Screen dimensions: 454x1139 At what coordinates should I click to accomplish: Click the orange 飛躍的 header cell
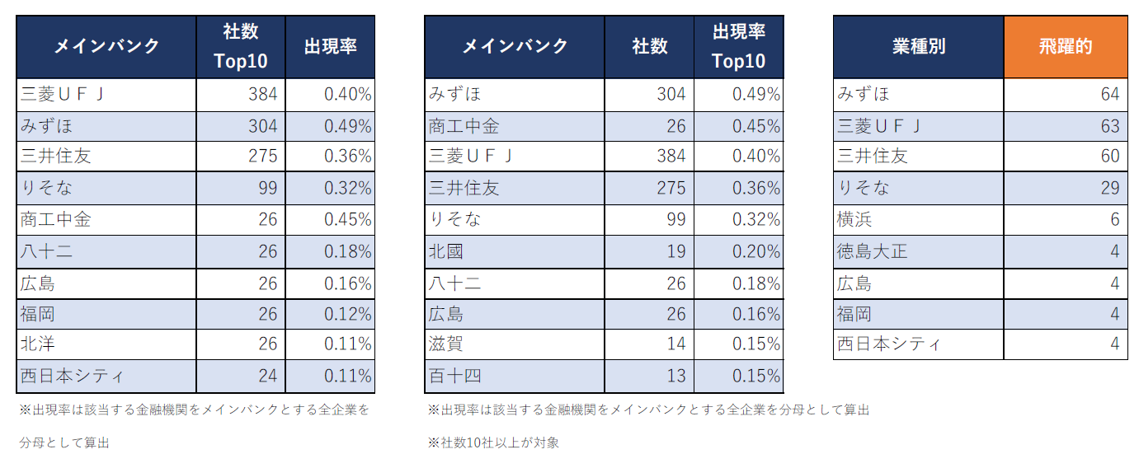[1065, 47]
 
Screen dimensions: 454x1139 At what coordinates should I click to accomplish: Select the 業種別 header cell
[918, 47]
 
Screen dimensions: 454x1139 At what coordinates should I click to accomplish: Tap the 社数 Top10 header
[241, 47]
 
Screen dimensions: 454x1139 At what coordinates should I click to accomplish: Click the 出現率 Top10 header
[738, 47]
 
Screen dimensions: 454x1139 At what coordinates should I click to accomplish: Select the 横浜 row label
[854, 220]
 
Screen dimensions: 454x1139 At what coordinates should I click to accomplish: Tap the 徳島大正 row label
[872, 251]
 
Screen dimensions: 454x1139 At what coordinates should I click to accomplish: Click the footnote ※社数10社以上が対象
[493, 442]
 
